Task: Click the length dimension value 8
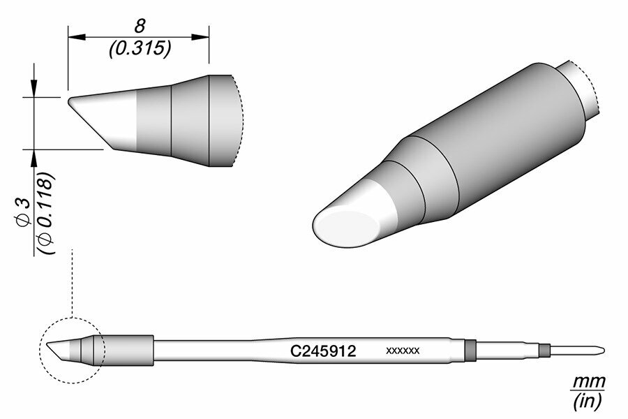(140, 26)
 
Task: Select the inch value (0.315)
(140, 48)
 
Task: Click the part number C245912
(323, 351)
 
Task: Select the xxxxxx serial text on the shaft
(403, 351)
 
